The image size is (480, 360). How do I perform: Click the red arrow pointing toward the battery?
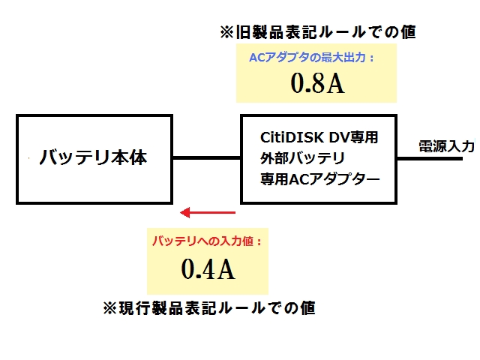[208, 212]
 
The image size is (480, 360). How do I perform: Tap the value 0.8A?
[317, 83]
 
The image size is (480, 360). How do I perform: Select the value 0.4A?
[208, 268]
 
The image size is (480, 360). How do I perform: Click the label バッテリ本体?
[93, 157]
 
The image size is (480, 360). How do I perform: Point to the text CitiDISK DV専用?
[319, 137]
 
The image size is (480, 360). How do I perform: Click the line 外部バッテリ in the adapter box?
[302, 158]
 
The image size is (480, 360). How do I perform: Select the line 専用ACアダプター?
[320, 179]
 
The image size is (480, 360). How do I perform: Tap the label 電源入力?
[447, 146]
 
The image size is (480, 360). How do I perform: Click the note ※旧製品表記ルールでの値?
[318, 31]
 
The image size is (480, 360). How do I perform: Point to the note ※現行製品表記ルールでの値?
[209, 308]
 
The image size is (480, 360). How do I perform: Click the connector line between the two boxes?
[207, 158]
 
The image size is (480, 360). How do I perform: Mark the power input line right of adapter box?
[430, 158]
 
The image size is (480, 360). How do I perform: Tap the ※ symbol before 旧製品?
[226, 32]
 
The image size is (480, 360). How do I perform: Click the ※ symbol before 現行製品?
[110, 308]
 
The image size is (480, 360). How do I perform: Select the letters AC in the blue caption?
[256, 58]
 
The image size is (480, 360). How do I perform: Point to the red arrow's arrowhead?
[185, 212]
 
